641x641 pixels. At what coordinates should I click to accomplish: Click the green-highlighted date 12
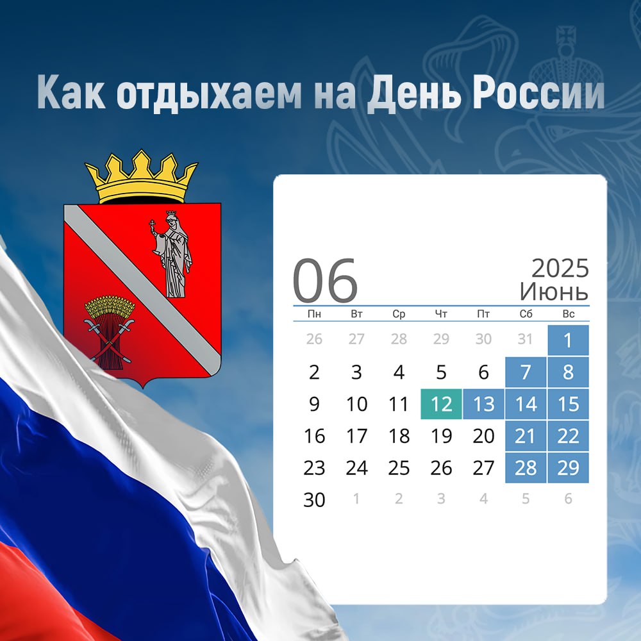[x=441, y=404]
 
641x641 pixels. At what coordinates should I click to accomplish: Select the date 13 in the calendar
[x=483, y=404]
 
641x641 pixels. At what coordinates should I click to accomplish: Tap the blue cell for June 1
[x=568, y=340]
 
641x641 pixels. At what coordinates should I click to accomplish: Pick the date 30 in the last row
[x=314, y=499]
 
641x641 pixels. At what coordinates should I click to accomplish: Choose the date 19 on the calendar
[x=441, y=436]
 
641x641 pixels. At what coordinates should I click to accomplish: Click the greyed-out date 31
[x=526, y=339]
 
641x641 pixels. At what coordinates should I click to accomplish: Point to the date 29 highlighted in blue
[x=568, y=468]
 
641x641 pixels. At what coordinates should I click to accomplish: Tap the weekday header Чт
[x=441, y=314]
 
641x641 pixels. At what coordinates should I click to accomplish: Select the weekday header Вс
[x=568, y=314]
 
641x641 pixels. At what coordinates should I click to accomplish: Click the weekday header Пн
[x=314, y=314]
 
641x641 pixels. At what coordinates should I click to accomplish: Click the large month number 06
[x=325, y=281]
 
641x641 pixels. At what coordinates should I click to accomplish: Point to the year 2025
[x=560, y=269]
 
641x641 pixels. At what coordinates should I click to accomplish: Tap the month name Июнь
[x=554, y=292]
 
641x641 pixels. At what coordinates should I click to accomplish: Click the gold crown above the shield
[x=141, y=177]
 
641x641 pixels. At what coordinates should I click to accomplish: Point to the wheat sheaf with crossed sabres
[x=109, y=331]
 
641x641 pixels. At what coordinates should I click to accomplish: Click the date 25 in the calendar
[x=399, y=468]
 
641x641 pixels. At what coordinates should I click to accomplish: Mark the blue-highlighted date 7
[x=526, y=372]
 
